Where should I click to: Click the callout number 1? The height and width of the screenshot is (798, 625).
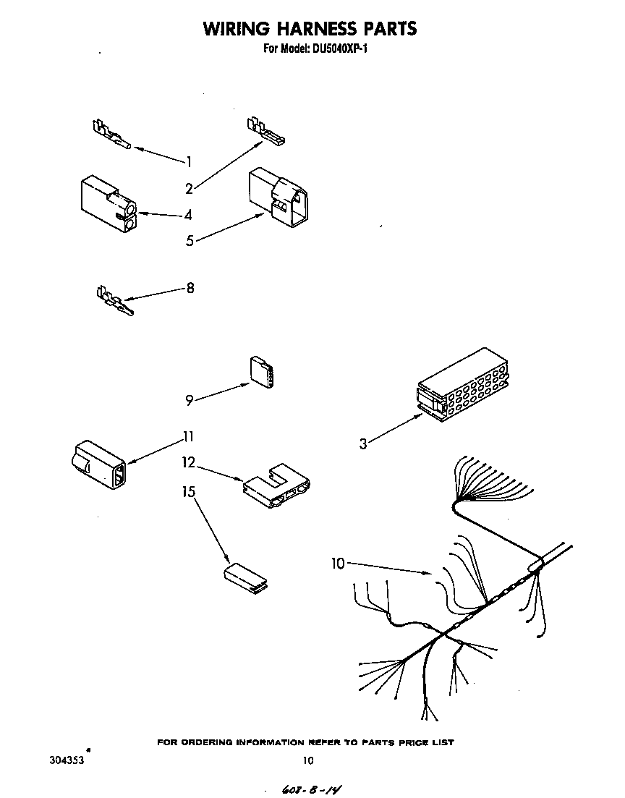189,161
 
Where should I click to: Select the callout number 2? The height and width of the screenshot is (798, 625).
190,189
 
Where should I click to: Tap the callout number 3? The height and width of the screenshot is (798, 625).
363,443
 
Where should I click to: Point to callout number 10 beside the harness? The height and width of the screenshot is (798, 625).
338,564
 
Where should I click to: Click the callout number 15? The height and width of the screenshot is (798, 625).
189,492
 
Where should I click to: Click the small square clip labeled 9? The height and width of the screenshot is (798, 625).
263,372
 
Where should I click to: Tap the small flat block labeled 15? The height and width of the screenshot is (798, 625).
244,578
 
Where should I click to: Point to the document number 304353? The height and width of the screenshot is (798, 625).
64,760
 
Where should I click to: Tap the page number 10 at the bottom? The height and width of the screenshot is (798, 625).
308,760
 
